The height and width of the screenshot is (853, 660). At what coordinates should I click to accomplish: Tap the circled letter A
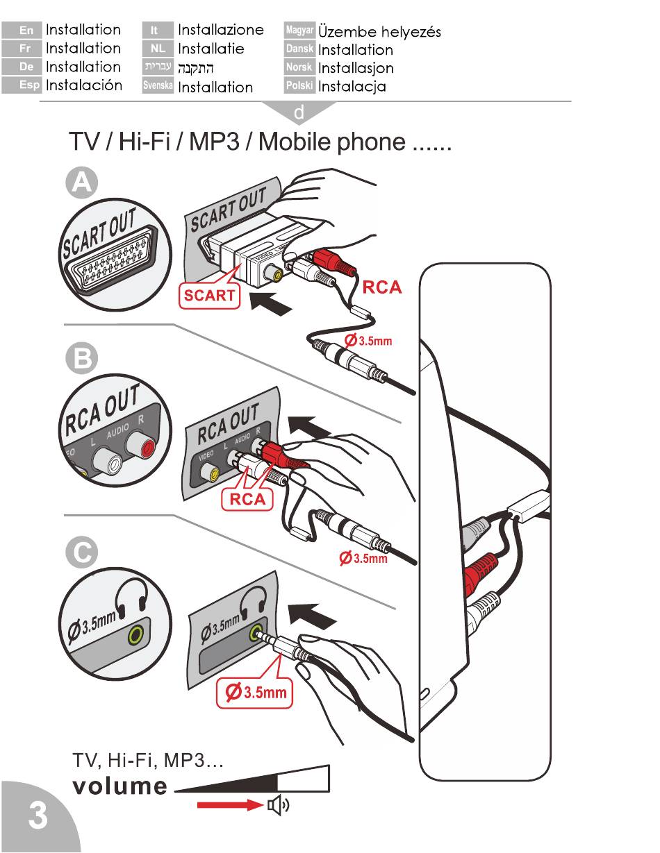click(82, 183)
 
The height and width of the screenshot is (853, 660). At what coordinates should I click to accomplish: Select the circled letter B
click(82, 359)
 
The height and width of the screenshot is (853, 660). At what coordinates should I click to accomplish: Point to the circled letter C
click(82, 554)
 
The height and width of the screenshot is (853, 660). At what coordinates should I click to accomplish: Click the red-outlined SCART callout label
click(209, 295)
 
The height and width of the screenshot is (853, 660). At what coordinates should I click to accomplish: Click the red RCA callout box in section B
click(247, 500)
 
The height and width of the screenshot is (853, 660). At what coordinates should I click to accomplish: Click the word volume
click(120, 787)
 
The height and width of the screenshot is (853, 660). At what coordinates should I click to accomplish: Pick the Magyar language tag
click(300, 31)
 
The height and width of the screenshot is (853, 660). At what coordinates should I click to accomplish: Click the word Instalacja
click(352, 87)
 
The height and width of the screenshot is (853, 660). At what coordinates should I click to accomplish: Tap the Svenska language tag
click(158, 87)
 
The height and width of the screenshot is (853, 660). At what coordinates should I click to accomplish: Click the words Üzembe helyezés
click(379, 31)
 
